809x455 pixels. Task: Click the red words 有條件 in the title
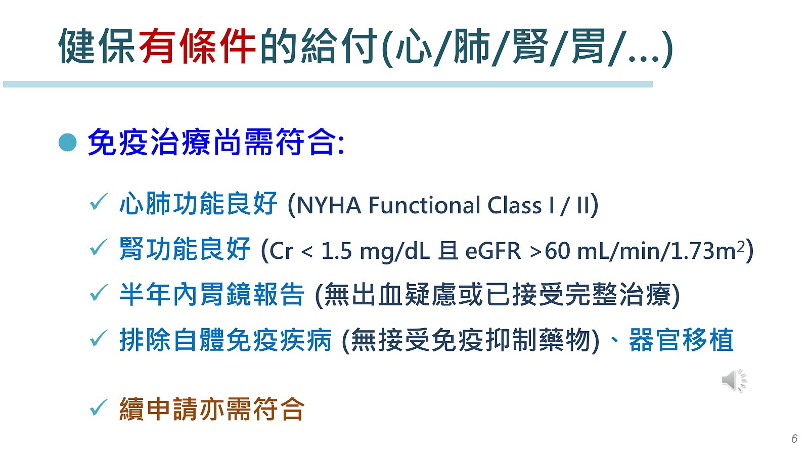point(197,46)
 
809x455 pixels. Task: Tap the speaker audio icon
point(734,380)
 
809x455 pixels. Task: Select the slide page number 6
point(794,438)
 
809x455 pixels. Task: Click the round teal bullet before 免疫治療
point(68,142)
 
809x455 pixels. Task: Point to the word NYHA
point(329,205)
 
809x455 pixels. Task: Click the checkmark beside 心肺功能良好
point(98,202)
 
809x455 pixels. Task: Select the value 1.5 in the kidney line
point(336,251)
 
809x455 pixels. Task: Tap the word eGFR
point(493,251)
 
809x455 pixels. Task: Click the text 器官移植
point(681,340)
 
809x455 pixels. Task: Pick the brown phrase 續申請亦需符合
point(212,409)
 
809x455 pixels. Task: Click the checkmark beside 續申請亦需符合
point(98,407)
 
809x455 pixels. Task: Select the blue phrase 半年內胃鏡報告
point(212,295)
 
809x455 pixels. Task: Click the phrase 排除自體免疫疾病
point(225,340)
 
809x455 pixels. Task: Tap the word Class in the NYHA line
point(515,205)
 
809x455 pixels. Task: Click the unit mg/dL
point(395,251)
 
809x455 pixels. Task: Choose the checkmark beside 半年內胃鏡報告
point(98,293)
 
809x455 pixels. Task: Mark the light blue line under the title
point(328,84)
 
